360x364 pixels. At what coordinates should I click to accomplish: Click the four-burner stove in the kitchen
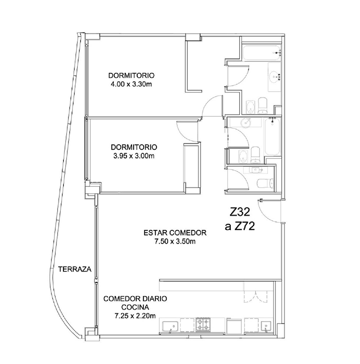203,324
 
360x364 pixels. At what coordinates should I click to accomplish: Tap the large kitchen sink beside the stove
171,327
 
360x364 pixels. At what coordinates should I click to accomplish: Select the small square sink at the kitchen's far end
266,327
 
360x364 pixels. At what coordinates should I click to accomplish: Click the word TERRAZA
75,269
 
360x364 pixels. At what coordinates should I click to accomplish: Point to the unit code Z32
240,212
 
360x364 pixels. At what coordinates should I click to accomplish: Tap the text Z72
244,226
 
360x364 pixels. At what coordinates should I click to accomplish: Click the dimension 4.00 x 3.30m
131,84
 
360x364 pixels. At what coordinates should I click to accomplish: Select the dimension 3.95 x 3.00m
134,156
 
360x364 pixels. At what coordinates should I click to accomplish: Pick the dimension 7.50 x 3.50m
175,241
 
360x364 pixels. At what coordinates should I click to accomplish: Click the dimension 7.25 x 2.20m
135,316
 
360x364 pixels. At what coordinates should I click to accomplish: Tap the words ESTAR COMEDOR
175,233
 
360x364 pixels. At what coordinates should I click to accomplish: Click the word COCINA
135,307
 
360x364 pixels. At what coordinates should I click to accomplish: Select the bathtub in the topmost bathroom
262,53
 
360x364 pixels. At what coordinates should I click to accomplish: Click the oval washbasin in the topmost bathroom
275,76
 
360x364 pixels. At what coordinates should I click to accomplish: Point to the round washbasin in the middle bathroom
246,122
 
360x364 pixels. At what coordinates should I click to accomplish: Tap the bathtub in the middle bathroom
272,136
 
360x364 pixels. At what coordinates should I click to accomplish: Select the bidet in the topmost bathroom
250,107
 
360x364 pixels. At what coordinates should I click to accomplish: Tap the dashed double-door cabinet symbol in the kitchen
256,296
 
